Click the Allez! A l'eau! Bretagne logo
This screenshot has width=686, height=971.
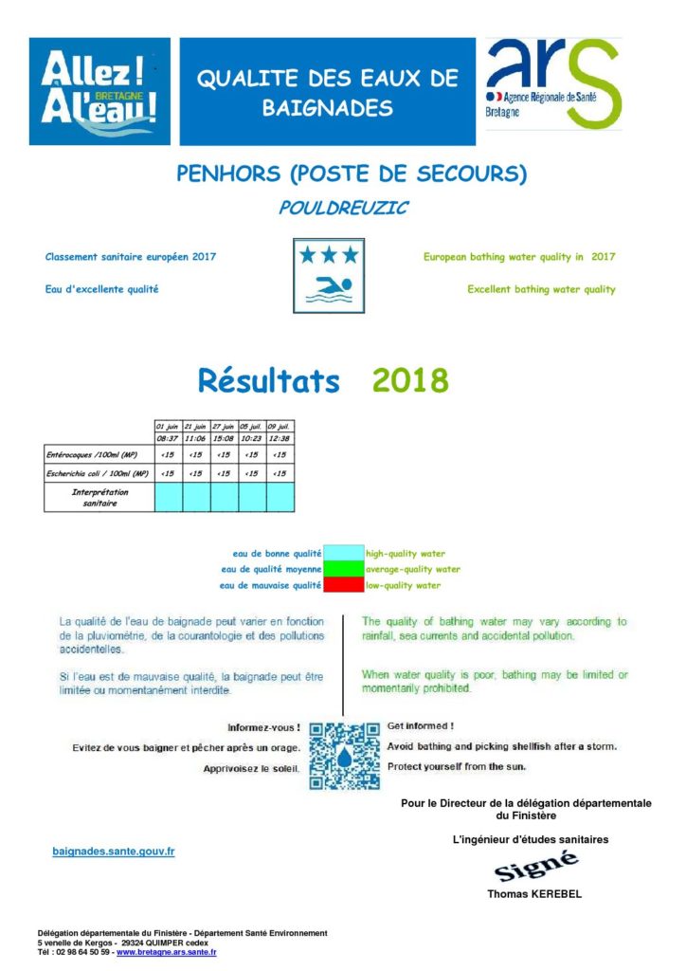pyautogui.click(x=99, y=91)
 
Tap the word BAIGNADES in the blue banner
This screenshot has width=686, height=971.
pyautogui.click(x=327, y=108)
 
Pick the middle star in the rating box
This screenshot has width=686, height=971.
pyautogui.click(x=328, y=254)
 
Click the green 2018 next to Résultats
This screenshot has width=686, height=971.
pyautogui.click(x=409, y=381)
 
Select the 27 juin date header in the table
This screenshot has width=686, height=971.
pyautogui.click(x=225, y=426)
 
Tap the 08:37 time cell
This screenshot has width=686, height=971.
pyautogui.click(x=168, y=439)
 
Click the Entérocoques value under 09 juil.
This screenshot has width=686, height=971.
pyautogui.click(x=280, y=455)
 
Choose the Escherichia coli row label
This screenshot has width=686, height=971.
pyautogui.click(x=99, y=472)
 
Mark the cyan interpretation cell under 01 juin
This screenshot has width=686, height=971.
pyautogui.click(x=168, y=497)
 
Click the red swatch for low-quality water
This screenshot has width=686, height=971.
pyautogui.click(x=343, y=585)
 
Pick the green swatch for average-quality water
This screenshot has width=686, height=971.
pyautogui.click(x=343, y=569)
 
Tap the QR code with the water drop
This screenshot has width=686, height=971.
pyautogui.click(x=344, y=757)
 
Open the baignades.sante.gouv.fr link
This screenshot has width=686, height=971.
pyautogui.click(x=113, y=852)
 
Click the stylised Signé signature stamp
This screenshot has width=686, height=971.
pyautogui.click(x=536, y=867)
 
